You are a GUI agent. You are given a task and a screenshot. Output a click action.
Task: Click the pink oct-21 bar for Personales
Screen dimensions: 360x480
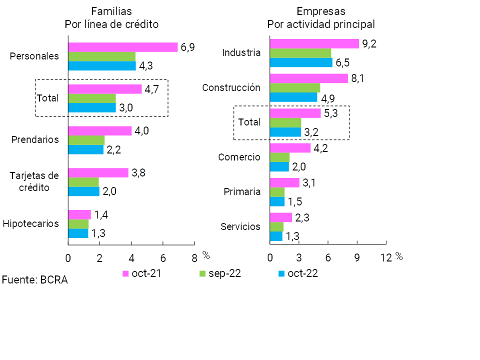tap(122, 47)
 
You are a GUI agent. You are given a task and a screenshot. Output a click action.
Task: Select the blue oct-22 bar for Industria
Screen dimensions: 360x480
tap(300, 62)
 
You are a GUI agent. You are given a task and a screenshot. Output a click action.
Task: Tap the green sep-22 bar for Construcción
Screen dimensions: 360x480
tap(294, 88)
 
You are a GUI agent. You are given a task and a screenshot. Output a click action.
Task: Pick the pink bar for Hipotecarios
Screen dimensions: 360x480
tap(79, 214)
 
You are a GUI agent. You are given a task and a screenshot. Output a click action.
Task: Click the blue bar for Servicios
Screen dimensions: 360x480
tap(276, 236)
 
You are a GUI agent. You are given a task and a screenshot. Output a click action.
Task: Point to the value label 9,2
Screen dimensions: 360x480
tap(369, 43)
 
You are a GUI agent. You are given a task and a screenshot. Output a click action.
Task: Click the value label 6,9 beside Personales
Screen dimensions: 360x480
tap(187, 47)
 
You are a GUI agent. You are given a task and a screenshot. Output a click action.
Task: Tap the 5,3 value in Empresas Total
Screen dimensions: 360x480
tap(331, 113)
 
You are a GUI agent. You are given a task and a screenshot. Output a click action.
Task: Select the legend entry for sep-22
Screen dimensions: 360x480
tap(220, 273)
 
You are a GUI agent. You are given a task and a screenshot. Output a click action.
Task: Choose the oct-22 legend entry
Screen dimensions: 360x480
tap(298, 273)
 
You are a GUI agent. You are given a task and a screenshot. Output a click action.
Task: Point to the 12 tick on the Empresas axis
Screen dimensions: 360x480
tap(385, 257)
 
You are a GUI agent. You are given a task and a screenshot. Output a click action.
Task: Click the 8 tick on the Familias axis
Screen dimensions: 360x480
tap(194, 257)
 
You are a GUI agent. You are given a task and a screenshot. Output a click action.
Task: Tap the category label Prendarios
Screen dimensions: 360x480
tap(35, 139)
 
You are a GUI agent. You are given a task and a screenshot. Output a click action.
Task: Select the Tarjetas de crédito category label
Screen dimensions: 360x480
tap(35, 181)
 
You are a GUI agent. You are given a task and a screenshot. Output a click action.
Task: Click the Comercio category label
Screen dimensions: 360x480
tap(239, 157)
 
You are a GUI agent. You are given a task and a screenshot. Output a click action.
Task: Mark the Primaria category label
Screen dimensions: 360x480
tap(242, 191)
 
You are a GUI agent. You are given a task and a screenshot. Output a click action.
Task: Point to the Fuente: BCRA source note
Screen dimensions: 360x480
tap(34, 280)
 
